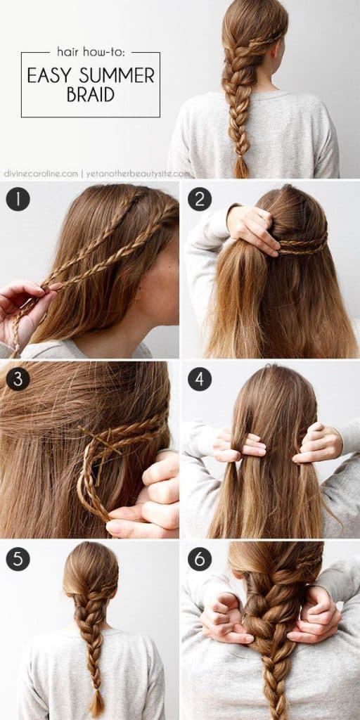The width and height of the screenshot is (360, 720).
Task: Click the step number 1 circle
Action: pos(18,200)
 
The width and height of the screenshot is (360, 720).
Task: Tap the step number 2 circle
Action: pos(200,200)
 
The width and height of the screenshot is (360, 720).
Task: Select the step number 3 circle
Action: pos(18,379)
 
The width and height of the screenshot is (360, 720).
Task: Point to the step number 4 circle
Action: pos(200,379)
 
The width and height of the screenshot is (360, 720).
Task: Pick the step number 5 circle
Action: pos(18,559)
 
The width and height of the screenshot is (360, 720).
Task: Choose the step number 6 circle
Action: pos(200,559)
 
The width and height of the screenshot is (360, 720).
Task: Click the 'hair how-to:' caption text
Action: pos(90,51)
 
